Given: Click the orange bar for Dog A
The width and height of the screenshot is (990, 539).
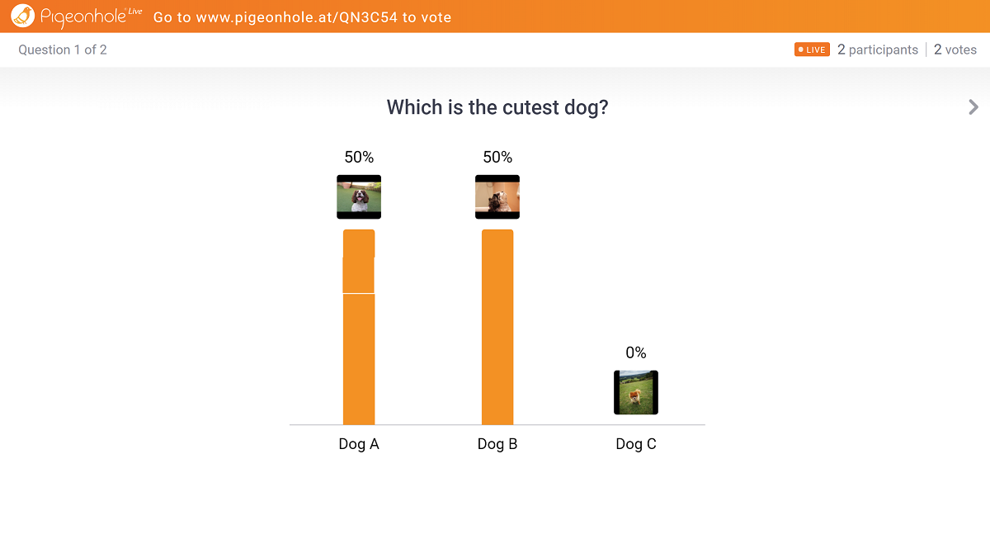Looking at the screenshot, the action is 359,327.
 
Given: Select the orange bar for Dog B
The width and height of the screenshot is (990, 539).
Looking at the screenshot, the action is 497,327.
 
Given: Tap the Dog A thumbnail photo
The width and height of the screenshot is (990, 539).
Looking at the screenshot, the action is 359,196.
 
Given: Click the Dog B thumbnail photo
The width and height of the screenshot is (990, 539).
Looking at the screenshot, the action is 497,196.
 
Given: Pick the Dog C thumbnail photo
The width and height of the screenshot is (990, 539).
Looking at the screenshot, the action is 636,393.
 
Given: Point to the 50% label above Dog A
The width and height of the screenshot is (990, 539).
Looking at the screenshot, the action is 359,157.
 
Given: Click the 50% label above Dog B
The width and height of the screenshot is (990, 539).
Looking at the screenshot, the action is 497,157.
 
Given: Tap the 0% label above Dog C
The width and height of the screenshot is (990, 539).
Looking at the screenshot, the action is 636,352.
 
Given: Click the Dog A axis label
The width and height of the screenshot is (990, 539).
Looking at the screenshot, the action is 359,443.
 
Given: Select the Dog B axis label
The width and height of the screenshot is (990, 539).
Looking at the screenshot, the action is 497,443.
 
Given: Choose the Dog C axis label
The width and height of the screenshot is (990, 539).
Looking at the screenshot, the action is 636,443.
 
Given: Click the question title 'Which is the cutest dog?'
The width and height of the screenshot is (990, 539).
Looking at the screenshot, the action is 497,107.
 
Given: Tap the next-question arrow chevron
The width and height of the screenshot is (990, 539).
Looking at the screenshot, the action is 973,107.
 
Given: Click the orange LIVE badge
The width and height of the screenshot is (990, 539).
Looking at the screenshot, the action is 812,50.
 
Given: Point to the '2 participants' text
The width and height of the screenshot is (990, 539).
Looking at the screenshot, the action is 878,50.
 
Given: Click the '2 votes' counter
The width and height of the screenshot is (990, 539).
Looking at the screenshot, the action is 955,50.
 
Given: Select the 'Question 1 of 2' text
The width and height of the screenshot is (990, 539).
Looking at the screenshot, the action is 63,50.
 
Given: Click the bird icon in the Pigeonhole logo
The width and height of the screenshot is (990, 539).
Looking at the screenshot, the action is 22,16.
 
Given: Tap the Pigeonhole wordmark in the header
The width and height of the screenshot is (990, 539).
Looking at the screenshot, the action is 91,17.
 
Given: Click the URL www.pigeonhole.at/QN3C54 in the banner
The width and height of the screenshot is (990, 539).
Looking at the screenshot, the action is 296,17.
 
